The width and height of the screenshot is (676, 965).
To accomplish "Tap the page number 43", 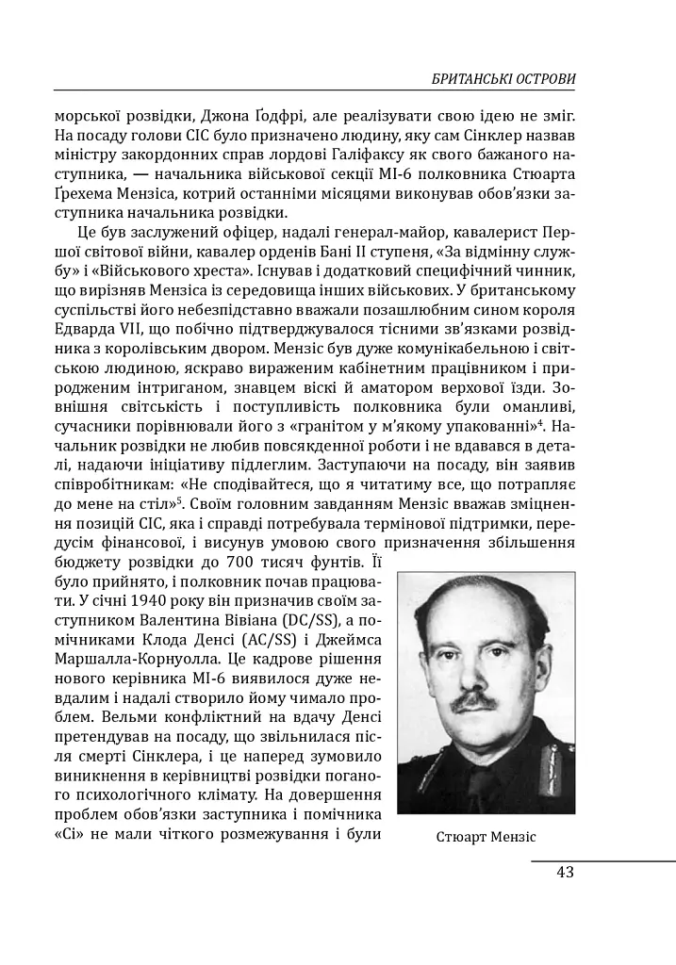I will (x=565, y=872).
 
